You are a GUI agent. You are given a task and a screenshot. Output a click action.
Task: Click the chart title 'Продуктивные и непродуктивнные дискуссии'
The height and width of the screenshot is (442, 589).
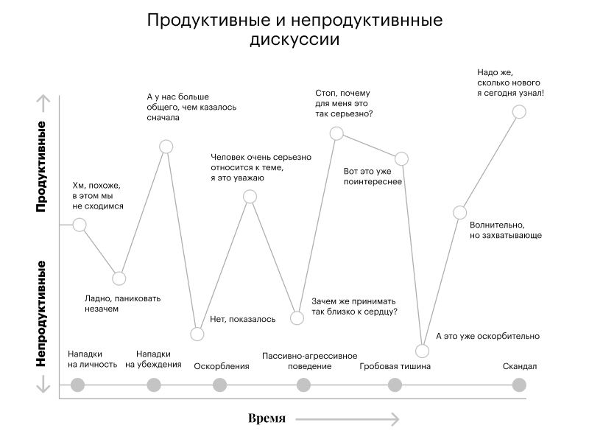click(x=294, y=29)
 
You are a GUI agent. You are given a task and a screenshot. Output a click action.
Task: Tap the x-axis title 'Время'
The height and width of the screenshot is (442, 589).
click(x=267, y=418)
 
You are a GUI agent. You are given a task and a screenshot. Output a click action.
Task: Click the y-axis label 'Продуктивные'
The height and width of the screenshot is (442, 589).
click(x=40, y=166)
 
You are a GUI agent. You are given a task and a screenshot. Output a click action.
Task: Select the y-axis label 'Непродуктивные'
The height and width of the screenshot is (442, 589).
click(x=40, y=314)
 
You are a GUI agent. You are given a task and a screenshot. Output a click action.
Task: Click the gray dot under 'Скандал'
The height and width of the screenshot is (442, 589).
click(x=519, y=385)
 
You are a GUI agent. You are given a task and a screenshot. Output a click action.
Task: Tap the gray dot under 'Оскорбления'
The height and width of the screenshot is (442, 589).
click(x=219, y=385)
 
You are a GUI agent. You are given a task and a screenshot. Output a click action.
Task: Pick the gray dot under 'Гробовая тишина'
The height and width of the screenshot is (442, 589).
click(x=395, y=385)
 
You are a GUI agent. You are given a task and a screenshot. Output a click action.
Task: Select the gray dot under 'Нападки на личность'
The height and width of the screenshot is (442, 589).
click(x=78, y=385)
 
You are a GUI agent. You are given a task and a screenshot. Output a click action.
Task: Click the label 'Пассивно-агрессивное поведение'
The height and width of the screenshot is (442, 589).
click(x=309, y=361)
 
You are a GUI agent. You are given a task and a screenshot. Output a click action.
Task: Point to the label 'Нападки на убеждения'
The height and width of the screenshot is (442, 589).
click(x=153, y=359)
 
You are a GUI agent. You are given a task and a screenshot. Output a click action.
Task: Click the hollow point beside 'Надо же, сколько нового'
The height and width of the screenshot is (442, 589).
click(x=519, y=112)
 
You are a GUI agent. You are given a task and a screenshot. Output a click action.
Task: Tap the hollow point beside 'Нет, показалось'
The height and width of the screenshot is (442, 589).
click(x=197, y=334)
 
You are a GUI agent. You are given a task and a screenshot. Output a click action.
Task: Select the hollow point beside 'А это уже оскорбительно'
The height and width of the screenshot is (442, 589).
click(x=422, y=351)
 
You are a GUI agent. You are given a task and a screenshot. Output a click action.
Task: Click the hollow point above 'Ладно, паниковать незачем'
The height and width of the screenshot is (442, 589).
click(x=119, y=278)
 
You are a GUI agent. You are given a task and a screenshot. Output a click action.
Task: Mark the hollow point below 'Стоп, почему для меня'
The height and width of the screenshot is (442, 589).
click(x=336, y=133)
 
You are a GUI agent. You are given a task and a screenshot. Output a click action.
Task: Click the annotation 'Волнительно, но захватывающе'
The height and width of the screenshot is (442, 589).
click(x=506, y=230)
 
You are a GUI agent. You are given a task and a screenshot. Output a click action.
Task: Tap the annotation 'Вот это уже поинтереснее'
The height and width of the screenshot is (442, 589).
click(x=373, y=176)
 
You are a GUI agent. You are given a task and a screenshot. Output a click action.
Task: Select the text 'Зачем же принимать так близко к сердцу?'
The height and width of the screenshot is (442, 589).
click(x=354, y=306)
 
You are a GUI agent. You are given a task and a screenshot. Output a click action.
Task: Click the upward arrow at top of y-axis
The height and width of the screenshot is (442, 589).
click(x=44, y=103)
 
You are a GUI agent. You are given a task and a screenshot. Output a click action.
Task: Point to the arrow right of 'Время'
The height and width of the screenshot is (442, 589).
click(x=348, y=418)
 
